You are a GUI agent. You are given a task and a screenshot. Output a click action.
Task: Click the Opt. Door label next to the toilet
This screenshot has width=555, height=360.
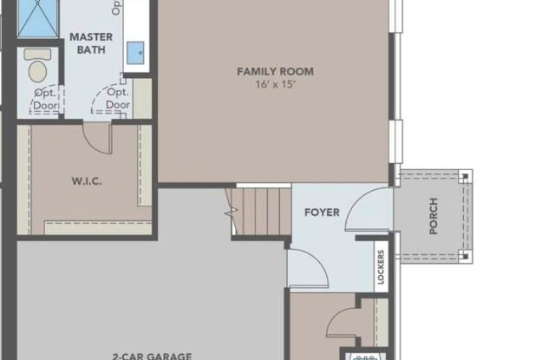(45, 98)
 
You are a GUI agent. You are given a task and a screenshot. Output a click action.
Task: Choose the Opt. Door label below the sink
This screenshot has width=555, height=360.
(118, 98)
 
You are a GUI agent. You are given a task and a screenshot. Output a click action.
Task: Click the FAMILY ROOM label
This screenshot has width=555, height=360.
(275, 71)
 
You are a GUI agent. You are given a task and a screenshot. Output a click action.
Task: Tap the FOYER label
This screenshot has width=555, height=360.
(322, 213)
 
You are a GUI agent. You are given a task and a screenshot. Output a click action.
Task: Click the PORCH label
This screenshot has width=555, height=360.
(434, 216)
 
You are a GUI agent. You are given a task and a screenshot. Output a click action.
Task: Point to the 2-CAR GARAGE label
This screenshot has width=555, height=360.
(152, 354)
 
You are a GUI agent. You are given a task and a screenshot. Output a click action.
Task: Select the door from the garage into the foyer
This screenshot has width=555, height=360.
(302, 264)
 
